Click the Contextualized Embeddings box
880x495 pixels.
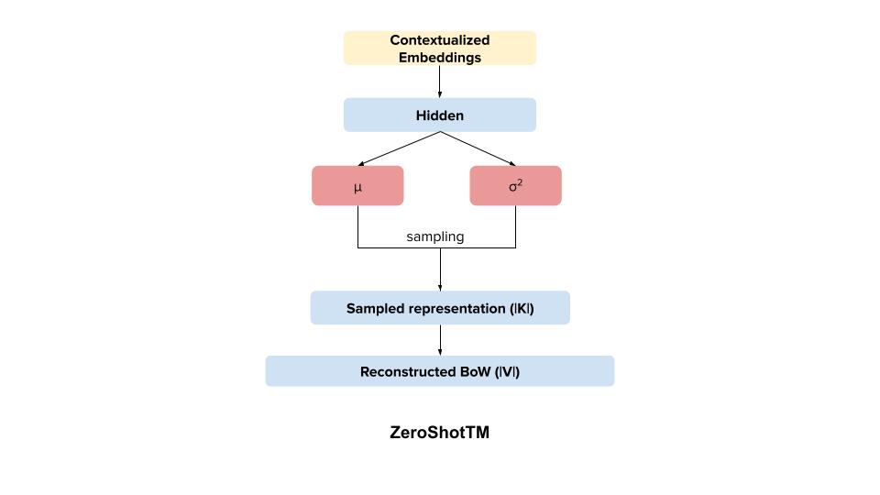click(439, 49)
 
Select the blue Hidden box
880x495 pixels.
click(439, 115)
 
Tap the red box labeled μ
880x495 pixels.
click(357, 186)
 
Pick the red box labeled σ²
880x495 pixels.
click(515, 186)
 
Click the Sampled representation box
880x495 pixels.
click(439, 308)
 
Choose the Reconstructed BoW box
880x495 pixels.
click(439, 371)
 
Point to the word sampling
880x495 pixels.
click(435, 236)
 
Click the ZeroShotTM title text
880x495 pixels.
click(439, 433)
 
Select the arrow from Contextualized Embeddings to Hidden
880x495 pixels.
click(440, 82)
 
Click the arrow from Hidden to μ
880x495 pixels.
click(399, 148)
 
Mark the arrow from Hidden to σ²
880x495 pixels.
click(478, 148)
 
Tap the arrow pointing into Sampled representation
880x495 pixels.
click(440, 270)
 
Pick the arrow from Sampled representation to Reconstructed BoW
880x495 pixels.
click(440, 340)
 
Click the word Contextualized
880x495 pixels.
click(439, 40)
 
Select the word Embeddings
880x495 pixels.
click(439, 57)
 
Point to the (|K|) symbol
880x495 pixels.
click(521, 309)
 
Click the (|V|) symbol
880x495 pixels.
click(507, 372)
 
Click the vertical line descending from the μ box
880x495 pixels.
click(357, 226)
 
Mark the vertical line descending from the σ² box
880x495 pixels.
click(515, 226)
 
